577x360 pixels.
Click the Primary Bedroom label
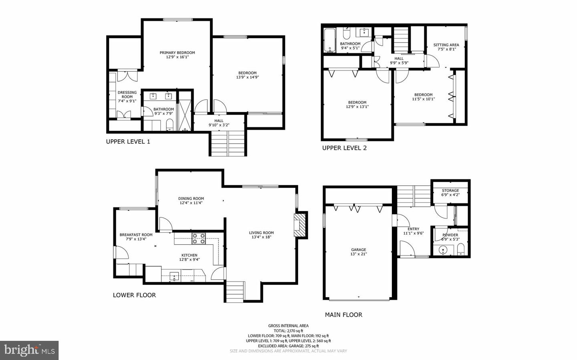coord(177,53)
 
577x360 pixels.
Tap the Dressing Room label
coord(127,93)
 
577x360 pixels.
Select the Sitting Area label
coord(446,45)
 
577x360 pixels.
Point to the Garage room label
coord(359,250)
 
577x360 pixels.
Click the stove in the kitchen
coord(198,239)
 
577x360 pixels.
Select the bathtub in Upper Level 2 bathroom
coord(330,40)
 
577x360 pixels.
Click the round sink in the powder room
coord(443,250)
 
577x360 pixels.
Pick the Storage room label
coord(450,191)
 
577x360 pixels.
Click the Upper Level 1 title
coord(128,142)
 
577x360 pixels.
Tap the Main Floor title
coord(343,315)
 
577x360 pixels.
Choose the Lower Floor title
coord(134,295)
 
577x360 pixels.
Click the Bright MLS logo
coord(29,350)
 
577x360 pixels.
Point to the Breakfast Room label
coord(136,235)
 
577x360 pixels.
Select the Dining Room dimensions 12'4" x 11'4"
coord(191,203)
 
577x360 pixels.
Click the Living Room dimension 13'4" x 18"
coord(261,237)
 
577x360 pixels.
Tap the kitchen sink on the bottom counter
coord(175,276)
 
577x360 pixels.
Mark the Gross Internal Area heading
coord(288,326)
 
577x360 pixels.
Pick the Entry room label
coord(413,229)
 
